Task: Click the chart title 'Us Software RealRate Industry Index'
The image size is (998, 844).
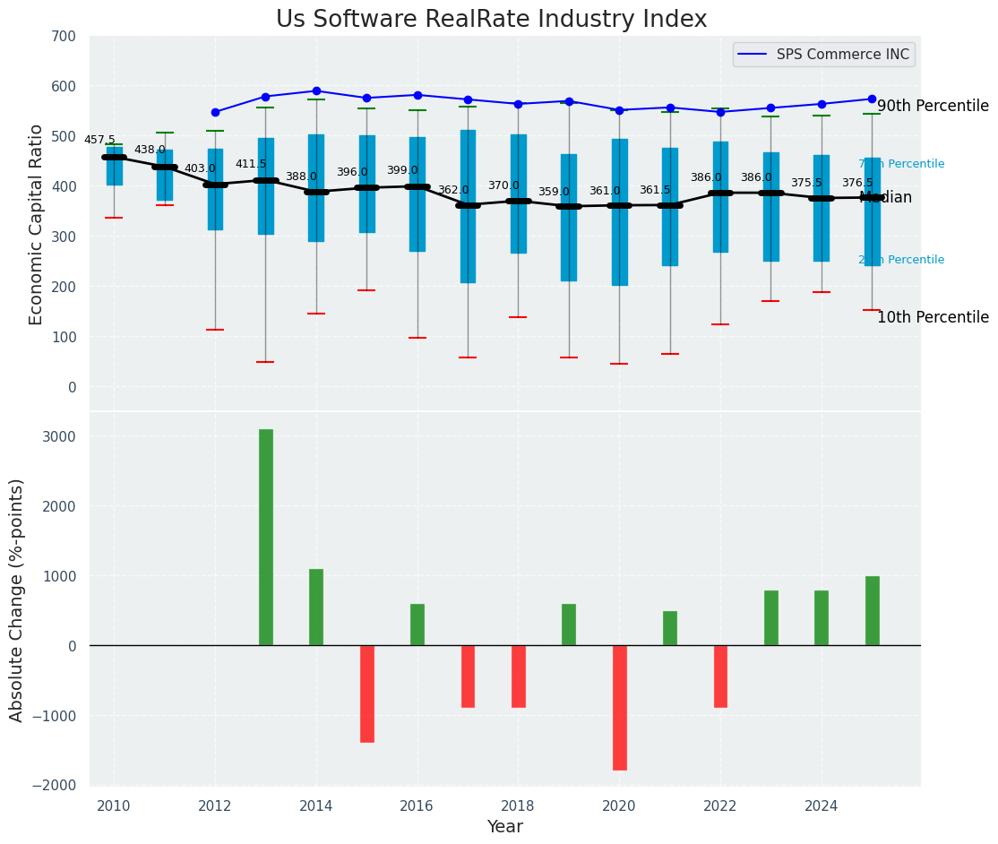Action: pos(491,20)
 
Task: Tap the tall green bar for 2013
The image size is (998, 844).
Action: pos(266,537)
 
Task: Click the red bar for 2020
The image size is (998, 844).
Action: pos(619,707)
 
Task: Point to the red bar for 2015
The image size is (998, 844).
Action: pos(366,693)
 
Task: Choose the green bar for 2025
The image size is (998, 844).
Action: pos(872,610)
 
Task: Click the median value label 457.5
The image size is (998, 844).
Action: pos(99,140)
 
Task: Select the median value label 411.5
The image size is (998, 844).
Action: pos(251,164)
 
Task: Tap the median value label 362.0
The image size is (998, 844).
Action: pos(452,190)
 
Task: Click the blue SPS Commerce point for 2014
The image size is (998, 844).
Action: pos(316,90)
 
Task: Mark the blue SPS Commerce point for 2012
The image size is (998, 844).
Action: pos(215,112)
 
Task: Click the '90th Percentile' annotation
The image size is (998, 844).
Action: pos(933,106)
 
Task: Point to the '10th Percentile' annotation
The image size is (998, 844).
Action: pos(933,317)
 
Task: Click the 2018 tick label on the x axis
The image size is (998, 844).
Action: pos(518,805)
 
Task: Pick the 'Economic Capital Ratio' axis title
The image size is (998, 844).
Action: pos(37,224)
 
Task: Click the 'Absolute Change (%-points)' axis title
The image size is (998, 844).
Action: pos(17,599)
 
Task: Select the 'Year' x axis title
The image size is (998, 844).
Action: pos(505,827)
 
